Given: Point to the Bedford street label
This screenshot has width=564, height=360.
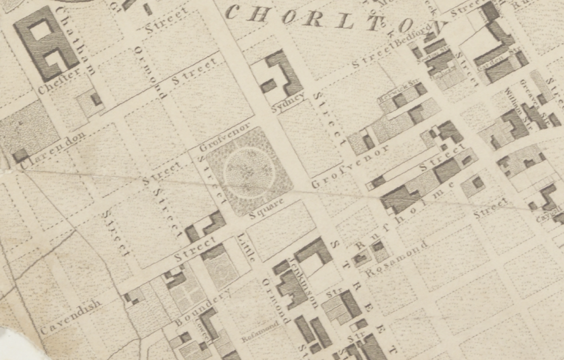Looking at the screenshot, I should click(414, 34).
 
